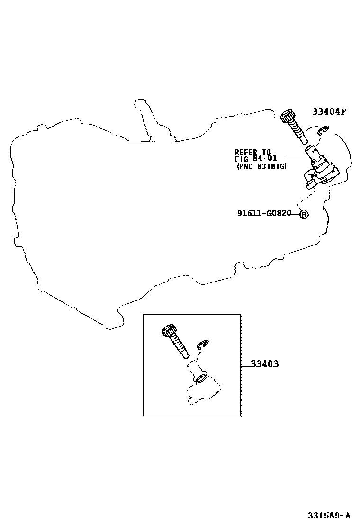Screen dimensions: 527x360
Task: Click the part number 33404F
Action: click(329, 112)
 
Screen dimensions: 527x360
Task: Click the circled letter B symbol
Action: click(304, 214)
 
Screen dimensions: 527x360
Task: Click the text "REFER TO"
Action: click(252, 152)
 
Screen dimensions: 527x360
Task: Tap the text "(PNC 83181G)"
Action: click(261, 166)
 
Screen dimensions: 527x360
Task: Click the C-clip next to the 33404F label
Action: click(324, 130)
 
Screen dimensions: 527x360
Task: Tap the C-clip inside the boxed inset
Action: click(203, 345)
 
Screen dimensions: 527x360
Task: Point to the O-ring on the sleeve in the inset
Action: click(201, 379)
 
